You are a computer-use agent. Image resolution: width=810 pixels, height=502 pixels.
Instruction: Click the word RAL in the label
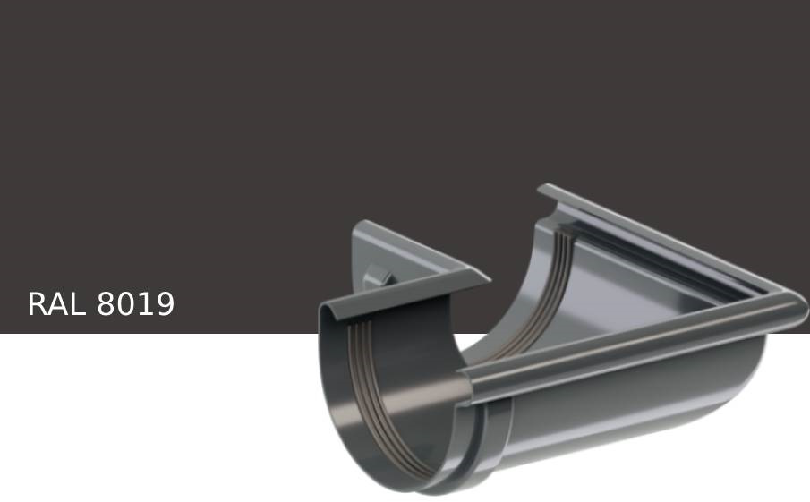(x=56, y=304)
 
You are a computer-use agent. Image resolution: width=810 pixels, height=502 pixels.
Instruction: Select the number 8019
(x=135, y=304)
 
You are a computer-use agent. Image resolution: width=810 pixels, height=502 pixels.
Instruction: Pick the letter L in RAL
(x=76, y=304)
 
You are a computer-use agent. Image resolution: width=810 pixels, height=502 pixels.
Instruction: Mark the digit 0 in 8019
(x=125, y=304)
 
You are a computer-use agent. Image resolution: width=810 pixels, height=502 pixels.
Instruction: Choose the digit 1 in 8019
(x=145, y=304)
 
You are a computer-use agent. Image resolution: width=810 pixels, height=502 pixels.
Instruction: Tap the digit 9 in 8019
(x=164, y=304)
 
